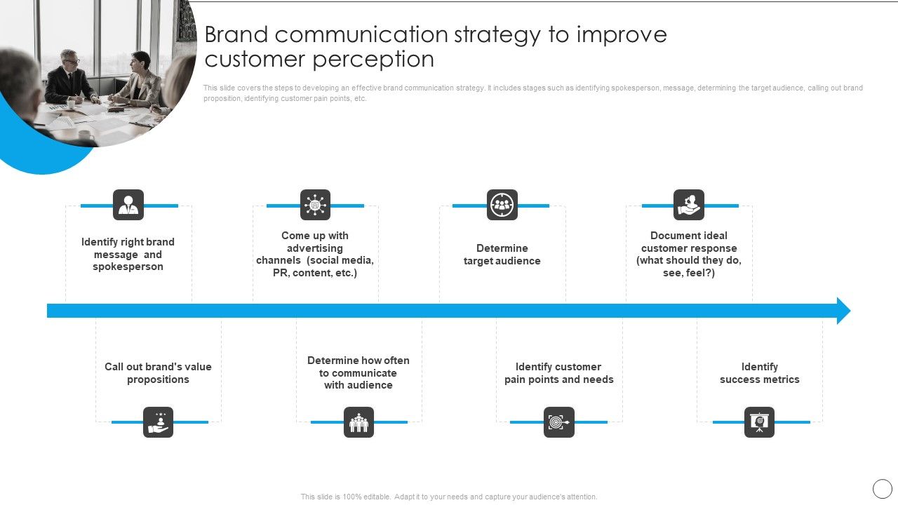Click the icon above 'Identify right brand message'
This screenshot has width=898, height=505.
click(x=128, y=205)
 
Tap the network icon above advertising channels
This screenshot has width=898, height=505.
click(x=315, y=205)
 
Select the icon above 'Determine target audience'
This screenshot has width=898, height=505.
click(x=502, y=205)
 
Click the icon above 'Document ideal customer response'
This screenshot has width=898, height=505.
click(x=688, y=205)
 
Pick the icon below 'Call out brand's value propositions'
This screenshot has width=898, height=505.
click(x=158, y=422)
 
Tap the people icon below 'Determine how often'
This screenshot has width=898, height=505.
click(x=358, y=422)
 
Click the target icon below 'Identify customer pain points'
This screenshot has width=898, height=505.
click(x=558, y=422)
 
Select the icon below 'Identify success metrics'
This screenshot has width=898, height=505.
click(x=759, y=422)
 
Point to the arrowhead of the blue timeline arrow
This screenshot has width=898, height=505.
click(x=843, y=311)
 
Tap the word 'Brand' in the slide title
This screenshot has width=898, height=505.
click(x=237, y=34)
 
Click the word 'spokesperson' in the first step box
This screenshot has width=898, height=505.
click(x=128, y=267)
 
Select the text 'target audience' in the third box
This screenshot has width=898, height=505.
click(x=502, y=261)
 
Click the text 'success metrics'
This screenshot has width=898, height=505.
click(x=759, y=379)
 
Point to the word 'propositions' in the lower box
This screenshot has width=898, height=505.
click(x=158, y=379)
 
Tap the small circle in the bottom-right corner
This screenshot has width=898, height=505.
click(x=882, y=489)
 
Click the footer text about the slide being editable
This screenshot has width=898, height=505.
click(x=449, y=497)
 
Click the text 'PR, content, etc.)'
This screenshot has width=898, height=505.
click(x=315, y=273)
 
